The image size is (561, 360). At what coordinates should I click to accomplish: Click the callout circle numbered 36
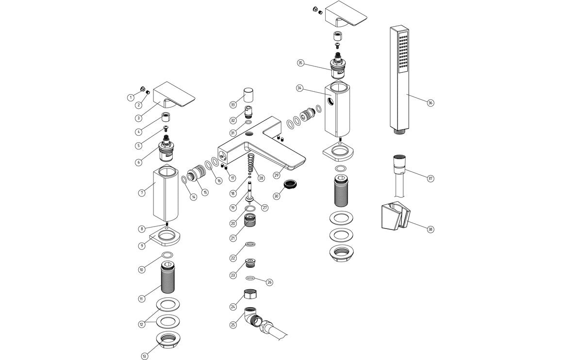tap(430, 103)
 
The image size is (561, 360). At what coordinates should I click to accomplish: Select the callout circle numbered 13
tap(144, 356)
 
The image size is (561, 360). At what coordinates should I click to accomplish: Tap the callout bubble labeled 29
tap(277, 175)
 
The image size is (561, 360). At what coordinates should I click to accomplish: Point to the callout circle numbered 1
tap(131, 98)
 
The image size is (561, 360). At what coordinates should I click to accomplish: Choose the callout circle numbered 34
tap(300, 88)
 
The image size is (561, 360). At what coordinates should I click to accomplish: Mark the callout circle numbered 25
tap(233, 325)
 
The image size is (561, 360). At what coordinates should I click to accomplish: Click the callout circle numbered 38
tap(430, 229)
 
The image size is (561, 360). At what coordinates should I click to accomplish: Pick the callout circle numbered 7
tap(141, 193)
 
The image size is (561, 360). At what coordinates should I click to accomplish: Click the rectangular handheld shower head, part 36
tap(401, 78)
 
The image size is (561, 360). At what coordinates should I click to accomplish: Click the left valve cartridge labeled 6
tap(167, 151)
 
